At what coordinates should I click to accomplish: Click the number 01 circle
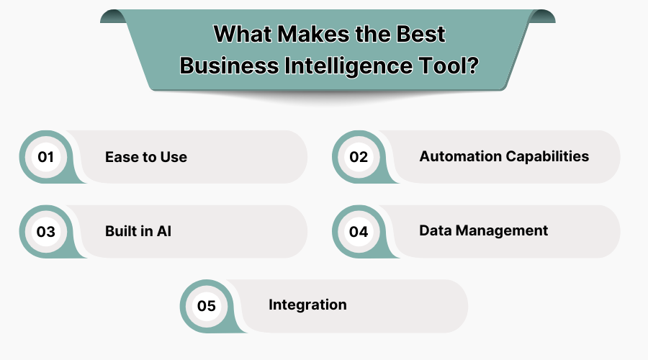45,157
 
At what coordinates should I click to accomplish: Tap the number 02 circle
359,157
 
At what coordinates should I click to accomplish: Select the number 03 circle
45,232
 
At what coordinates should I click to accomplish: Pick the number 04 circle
359,232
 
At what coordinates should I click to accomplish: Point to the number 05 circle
207,306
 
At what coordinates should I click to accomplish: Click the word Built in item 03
122,231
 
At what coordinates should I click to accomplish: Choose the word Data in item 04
436,230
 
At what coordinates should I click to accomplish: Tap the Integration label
307,305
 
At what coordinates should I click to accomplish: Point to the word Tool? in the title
451,66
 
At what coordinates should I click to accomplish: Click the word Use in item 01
172,157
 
